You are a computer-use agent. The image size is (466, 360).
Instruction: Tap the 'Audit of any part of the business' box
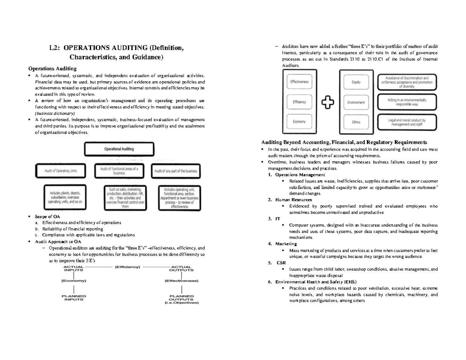(176, 171)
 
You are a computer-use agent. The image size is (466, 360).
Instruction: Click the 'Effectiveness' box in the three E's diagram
(299, 82)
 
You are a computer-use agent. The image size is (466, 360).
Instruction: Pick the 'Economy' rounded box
(299, 122)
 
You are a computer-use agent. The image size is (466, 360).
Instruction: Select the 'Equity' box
(356, 82)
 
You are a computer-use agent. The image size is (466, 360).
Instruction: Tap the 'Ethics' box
(356, 122)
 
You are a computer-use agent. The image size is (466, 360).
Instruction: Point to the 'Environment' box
(356, 102)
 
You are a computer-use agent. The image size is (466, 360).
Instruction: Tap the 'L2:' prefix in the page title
(57, 49)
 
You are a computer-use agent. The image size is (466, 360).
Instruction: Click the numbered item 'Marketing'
(286, 244)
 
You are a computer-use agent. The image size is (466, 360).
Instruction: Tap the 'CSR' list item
(281, 263)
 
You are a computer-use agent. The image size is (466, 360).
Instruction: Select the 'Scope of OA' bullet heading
(47, 216)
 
